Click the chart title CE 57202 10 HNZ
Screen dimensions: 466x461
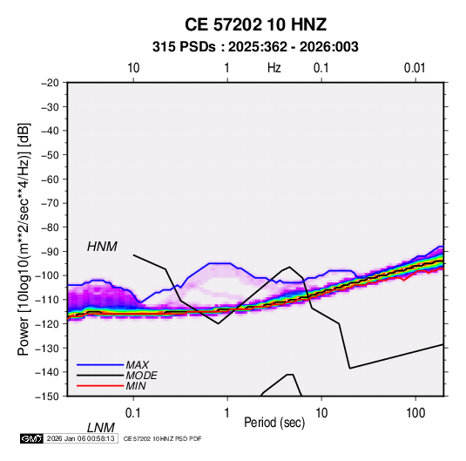coord(255,24)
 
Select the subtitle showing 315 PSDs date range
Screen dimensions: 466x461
coord(255,47)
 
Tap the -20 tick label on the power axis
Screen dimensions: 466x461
coord(50,83)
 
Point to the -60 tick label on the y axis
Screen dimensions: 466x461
coord(50,179)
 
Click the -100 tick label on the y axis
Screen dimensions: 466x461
coord(47,275)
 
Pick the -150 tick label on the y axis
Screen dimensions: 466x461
coord(47,397)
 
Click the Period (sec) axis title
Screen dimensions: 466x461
coord(274,423)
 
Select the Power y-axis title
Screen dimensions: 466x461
coord(24,240)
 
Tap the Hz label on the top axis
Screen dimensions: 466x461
coord(274,68)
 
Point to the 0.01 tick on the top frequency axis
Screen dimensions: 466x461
coord(415,68)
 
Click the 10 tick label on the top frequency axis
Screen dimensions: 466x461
coord(133,68)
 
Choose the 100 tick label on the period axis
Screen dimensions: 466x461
coord(415,413)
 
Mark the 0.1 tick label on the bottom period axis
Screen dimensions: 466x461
coord(133,413)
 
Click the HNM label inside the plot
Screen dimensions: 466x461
coord(102,247)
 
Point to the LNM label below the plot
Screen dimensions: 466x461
coord(101,428)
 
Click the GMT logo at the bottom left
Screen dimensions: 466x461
coord(32,438)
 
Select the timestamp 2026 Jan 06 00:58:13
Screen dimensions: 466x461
coord(80,438)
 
